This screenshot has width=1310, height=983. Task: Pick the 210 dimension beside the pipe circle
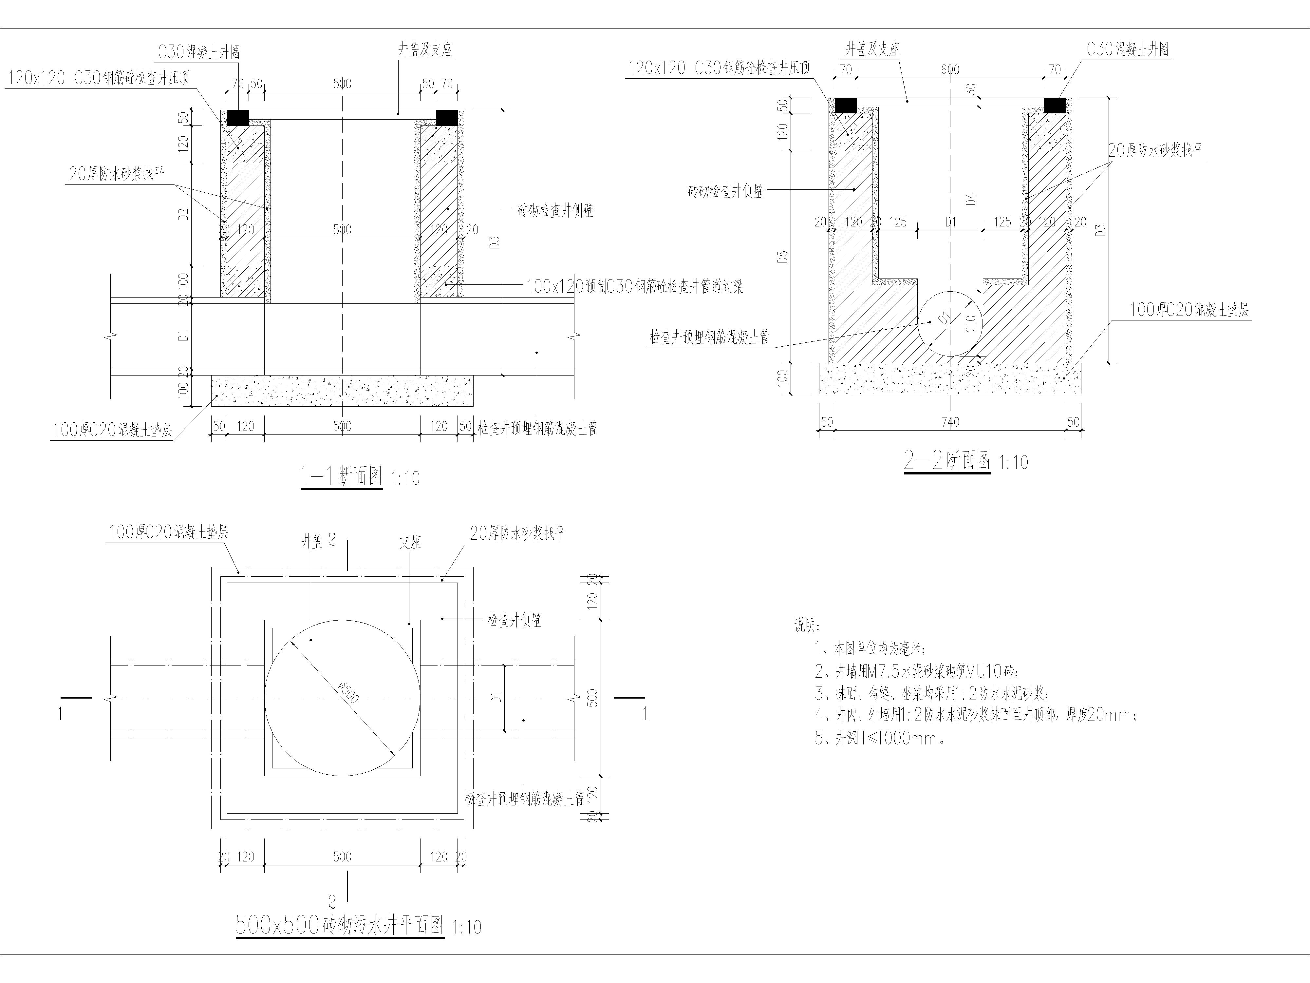click(969, 323)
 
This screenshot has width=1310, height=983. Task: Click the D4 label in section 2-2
click(970, 199)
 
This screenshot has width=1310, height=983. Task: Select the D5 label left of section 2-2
click(782, 257)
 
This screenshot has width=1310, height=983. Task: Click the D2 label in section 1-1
click(184, 214)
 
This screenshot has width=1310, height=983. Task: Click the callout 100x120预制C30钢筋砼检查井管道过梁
click(634, 287)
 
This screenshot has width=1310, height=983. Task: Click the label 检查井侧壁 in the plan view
click(514, 620)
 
